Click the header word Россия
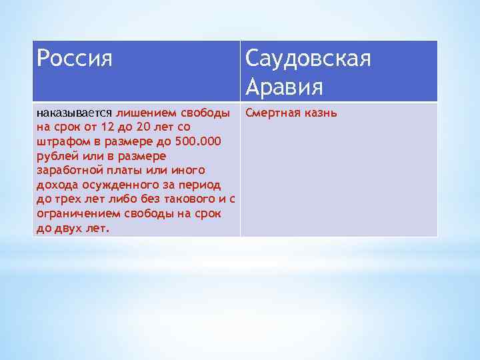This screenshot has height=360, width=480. click(75, 59)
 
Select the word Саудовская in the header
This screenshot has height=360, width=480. click(307, 59)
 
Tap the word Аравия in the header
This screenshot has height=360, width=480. click(284, 87)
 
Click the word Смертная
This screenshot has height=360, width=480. click(271, 112)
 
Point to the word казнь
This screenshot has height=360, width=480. click(319, 112)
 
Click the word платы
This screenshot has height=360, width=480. click(117, 171)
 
